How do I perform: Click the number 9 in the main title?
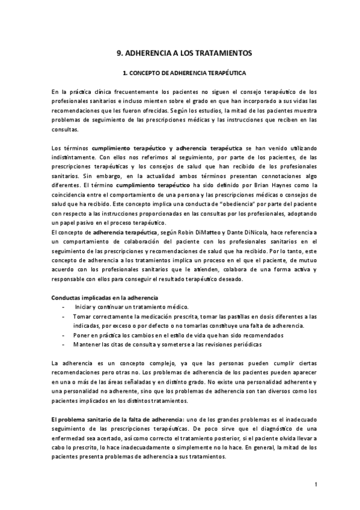coord(118,53)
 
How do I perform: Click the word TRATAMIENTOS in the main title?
coord(222,53)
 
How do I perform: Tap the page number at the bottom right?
coord(316,485)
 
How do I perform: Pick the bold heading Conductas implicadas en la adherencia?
coord(105,298)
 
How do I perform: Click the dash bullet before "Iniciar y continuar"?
coord(64,307)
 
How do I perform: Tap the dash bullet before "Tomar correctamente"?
coord(64,316)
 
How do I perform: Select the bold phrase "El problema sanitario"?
coord(82,419)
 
